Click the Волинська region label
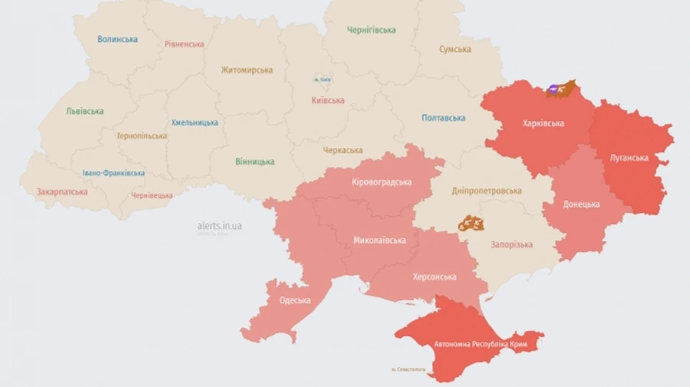(x=117, y=39)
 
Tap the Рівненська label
(x=184, y=44)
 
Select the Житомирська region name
(x=247, y=71)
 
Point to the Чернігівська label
(x=371, y=31)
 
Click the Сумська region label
(x=455, y=50)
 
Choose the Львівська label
(x=84, y=111)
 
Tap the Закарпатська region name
(x=62, y=192)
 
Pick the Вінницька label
(x=255, y=162)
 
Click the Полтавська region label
(x=443, y=118)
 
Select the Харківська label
(x=543, y=123)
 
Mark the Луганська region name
(x=629, y=158)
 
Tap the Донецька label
(x=581, y=205)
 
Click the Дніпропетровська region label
(x=487, y=191)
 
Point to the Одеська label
(x=294, y=300)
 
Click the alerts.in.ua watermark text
(x=219, y=226)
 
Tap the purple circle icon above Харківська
(x=552, y=90)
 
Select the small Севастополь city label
(x=408, y=370)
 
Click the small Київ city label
(x=322, y=80)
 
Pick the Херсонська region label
(x=435, y=277)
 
